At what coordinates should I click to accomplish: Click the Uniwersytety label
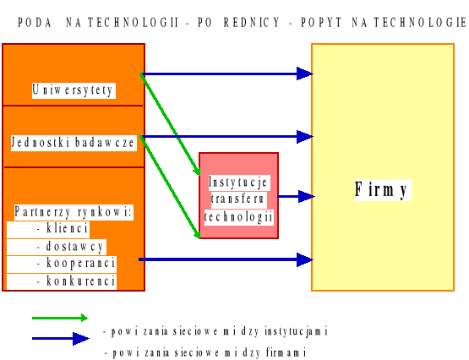point(74,90)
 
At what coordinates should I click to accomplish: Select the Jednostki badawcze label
point(74,143)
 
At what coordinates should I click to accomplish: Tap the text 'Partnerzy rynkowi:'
point(74,211)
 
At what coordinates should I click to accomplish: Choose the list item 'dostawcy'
point(71,247)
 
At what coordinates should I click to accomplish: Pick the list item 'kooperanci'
point(75,264)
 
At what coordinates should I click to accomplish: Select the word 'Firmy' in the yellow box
point(381,190)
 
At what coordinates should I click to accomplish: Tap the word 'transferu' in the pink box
point(238,199)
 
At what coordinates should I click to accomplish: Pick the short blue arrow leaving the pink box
point(296,197)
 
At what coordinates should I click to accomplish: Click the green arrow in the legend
point(59,319)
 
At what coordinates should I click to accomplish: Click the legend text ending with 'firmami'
point(204,352)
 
